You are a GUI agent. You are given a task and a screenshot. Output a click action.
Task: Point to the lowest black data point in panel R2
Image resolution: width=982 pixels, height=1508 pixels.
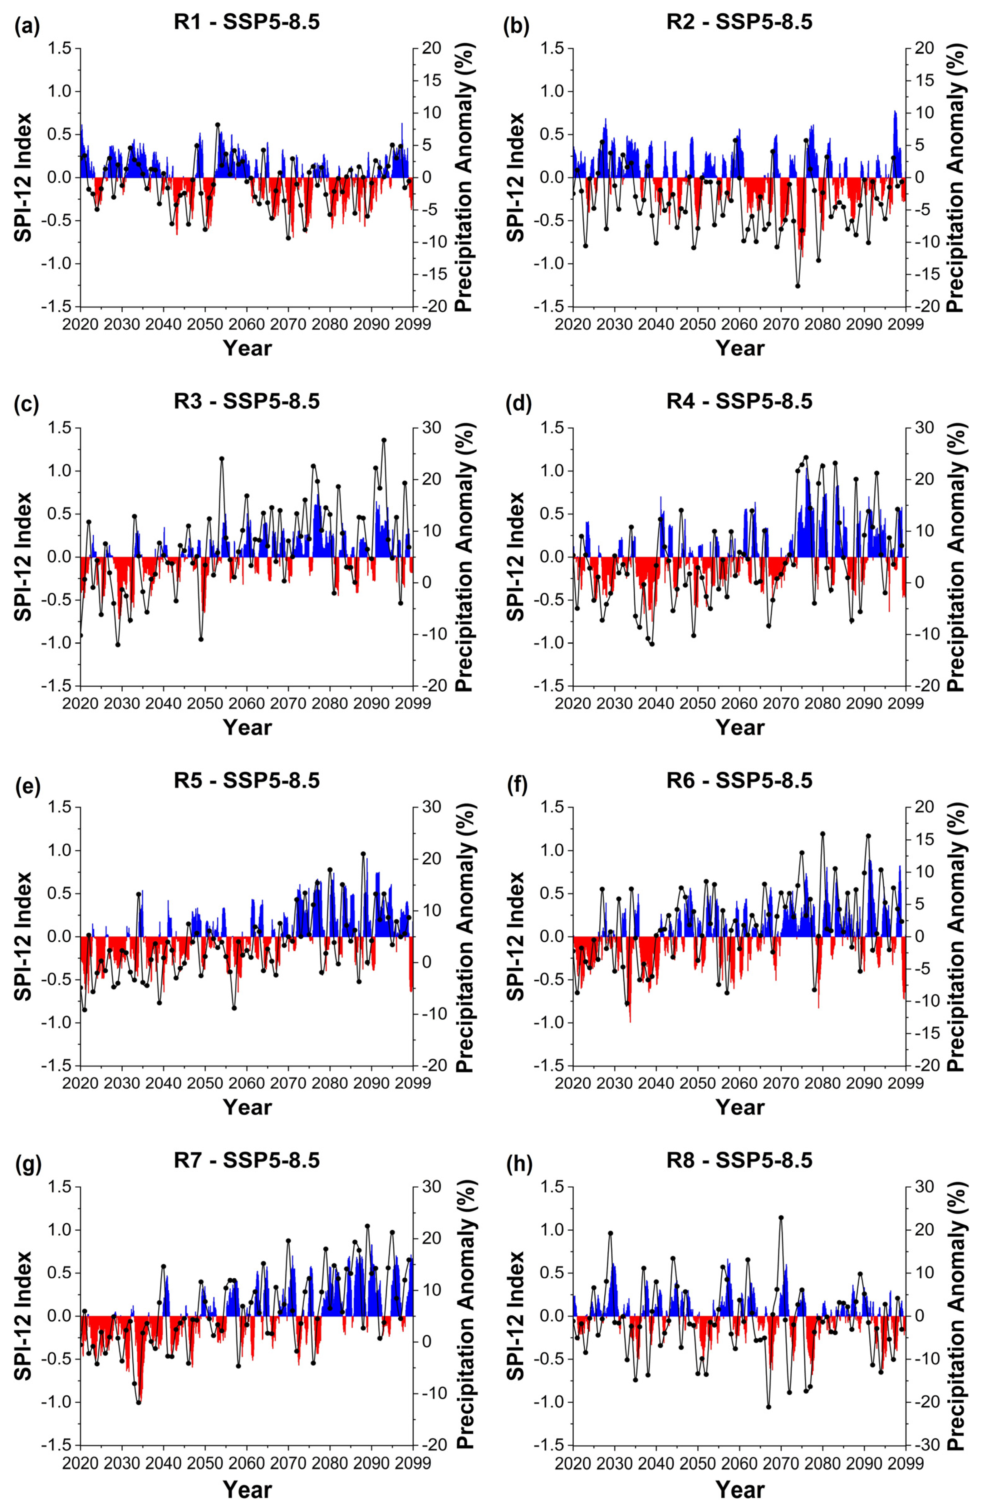click(x=798, y=286)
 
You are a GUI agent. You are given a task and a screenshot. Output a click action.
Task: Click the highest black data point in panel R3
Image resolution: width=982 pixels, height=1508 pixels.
click(x=384, y=440)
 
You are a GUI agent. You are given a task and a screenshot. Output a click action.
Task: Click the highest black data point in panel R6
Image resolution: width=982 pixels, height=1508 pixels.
click(x=823, y=834)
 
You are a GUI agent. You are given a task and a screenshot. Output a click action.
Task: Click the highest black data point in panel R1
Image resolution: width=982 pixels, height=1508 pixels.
click(x=218, y=125)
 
